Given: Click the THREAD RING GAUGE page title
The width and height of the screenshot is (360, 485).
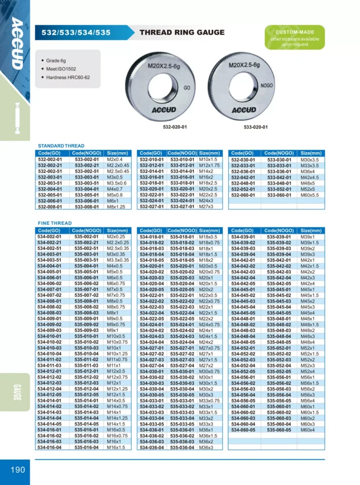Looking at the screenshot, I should click(182, 32).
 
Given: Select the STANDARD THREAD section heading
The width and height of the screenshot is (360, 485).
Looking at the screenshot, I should click(61, 146).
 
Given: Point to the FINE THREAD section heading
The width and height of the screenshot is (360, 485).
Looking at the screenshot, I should click(55, 223).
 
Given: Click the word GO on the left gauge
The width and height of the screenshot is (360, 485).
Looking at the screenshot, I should click(186, 88).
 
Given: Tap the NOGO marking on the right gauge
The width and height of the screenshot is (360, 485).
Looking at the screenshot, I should click(266, 85).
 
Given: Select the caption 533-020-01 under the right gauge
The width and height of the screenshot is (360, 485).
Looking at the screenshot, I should click(256, 127).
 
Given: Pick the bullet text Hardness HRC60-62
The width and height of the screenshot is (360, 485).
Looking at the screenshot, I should click(71, 77).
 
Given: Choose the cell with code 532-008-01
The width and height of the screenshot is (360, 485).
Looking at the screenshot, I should click(50, 207).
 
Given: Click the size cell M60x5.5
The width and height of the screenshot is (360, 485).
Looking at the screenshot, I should click(310, 195).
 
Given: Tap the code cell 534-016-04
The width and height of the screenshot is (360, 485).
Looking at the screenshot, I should click(50, 447).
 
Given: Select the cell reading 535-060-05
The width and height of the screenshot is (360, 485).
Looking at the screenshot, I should click(278, 429).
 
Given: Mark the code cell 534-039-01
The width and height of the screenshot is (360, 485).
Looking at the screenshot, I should click(243, 237).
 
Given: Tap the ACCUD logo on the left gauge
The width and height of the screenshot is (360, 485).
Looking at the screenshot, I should click(164, 110).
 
